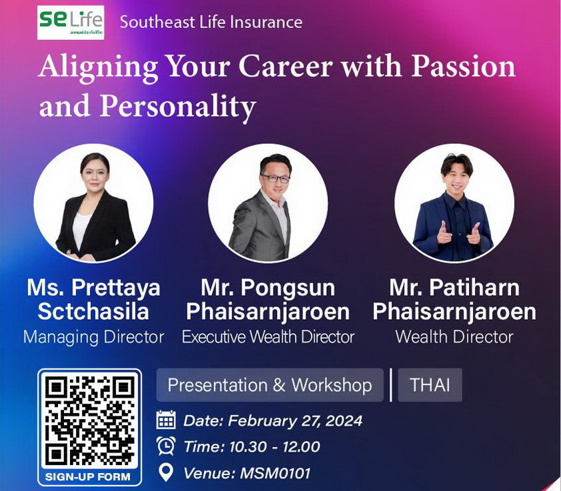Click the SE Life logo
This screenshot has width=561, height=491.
click(x=71, y=22)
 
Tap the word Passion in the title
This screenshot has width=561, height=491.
click(x=464, y=67)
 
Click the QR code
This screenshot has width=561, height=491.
click(x=90, y=422)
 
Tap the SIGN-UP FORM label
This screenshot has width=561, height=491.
click(x=88, y=477)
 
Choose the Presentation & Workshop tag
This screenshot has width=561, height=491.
click(x=269, y=385)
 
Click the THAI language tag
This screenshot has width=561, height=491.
click(x=430, y=385)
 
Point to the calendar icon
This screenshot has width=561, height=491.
click(x=166, y=420)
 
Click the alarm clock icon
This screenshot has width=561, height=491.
click(x=166, y=446)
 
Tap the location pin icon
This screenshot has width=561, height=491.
click(x=165, y=473)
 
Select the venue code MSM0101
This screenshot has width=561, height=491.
click(x=275, y=473)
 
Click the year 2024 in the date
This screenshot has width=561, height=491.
click(x=344, y=420)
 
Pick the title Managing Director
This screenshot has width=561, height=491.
click(x=94, y=336)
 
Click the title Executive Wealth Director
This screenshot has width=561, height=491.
click(x=268, y=336)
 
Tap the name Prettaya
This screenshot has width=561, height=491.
click(x=115, y=288)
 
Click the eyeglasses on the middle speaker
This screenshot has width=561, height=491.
click(x=275, y=179)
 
